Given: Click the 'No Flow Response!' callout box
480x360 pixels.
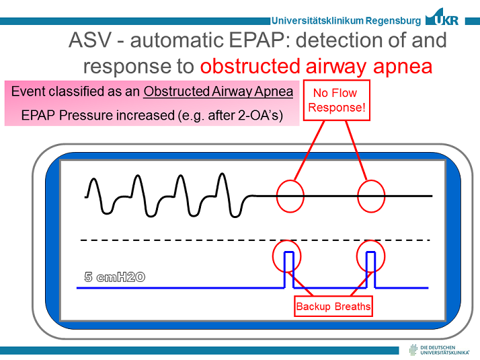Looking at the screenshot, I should (337, 100).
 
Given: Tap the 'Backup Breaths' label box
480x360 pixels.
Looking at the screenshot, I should (333, 307).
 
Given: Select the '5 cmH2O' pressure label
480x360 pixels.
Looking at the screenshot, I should (114, 277).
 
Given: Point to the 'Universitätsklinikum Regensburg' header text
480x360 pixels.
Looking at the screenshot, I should (346, 20).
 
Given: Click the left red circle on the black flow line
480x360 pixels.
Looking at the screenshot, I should (290, 196).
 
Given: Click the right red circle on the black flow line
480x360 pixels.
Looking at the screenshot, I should (371, 196).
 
